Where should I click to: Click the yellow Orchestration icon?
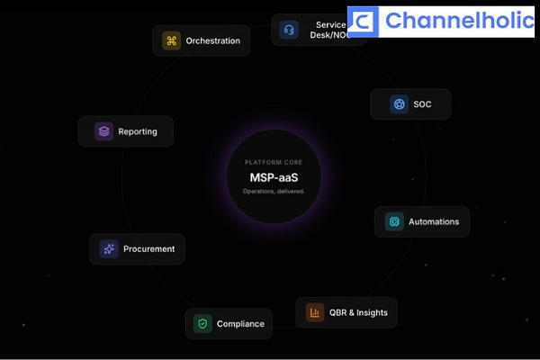(x=172, y=40)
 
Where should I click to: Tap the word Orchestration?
(x=213, y=40)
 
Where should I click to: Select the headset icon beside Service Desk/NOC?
(x=289, y=29)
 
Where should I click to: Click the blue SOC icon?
(x=399, y=104)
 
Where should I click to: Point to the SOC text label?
(x=423, y=104)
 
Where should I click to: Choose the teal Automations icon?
(x=393, y=221)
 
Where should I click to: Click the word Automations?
(x=434, y=221)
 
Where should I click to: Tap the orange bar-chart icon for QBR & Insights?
(x=315, y=312)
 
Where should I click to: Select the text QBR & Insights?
(x=359, y=312)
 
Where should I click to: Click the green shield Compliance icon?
(x=202, y=324)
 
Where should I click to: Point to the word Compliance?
(x=240, y=324)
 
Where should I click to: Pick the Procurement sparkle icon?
(x=108, y=249)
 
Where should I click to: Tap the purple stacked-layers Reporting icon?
(x=104, y=131)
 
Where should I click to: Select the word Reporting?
(x=138, y=131)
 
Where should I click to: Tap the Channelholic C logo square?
(x=363, y=21)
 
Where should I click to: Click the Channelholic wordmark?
(x=458, y=20)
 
